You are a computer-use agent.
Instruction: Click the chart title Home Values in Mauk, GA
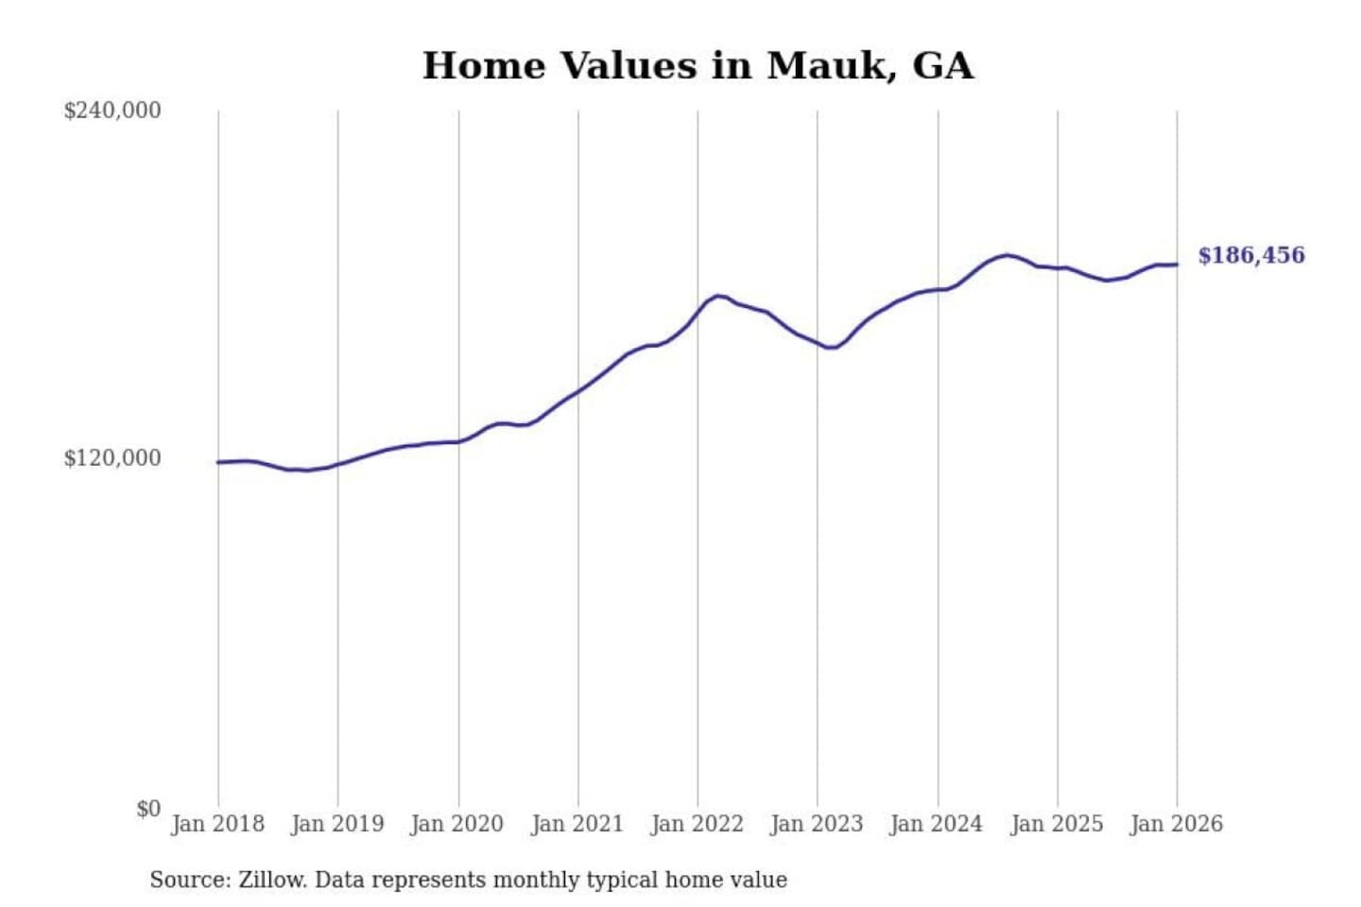click(698, 66)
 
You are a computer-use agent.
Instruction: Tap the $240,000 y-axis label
click(112, 111)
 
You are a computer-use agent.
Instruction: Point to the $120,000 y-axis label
click(112, 458)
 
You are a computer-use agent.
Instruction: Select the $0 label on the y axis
click(148, 809)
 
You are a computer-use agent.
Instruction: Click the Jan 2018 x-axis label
click(217, 824)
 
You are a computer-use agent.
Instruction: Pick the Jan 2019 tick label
click(337, 824)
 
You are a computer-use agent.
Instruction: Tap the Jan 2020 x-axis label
click(457, 824)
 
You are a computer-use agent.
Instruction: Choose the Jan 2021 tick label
click(577, 824)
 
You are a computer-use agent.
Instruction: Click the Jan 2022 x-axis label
click(698, 824)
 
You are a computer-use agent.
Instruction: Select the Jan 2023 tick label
click(818, 824)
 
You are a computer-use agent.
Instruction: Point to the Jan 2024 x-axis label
click(937, 824)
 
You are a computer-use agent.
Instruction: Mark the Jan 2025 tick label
click(1057, 824)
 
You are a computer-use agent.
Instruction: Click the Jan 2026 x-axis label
click(1177, 824)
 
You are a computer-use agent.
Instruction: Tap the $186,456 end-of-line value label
click(1251, 255)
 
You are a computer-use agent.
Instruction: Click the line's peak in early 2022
click(720, 296)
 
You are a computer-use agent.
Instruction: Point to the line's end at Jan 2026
click(1177, 265)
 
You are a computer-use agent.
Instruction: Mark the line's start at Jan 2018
click(218, 462)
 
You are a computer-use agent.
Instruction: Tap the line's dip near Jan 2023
click(830, 348)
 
